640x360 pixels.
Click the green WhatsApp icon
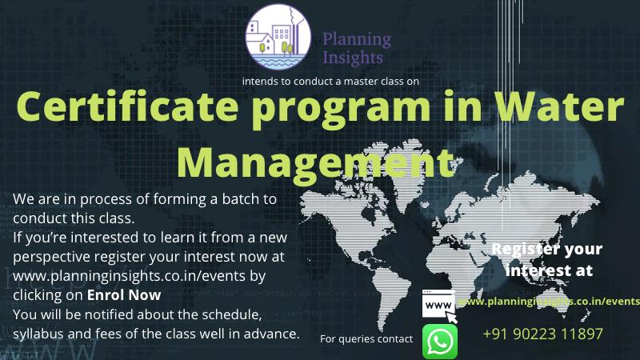(x=439, y=342)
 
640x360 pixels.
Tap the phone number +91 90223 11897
(x=542, y=334)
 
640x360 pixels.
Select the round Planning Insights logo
(x=278, y=36)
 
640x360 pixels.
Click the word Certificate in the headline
(x=127, y=106)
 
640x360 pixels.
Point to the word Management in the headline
(x=316, y=162)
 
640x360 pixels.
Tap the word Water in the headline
(x=559, y=106)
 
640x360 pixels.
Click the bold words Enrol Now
(x=124, y=295)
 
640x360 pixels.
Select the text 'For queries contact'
(x=366, y=338)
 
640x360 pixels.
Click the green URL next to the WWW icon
(x=549, y=302)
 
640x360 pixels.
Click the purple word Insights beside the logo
(x=353, y=58)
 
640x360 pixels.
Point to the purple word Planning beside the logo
(x=357, y=40)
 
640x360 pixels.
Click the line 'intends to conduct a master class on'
(x=330, y=82)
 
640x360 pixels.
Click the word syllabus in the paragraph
(x=38, y=334)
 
